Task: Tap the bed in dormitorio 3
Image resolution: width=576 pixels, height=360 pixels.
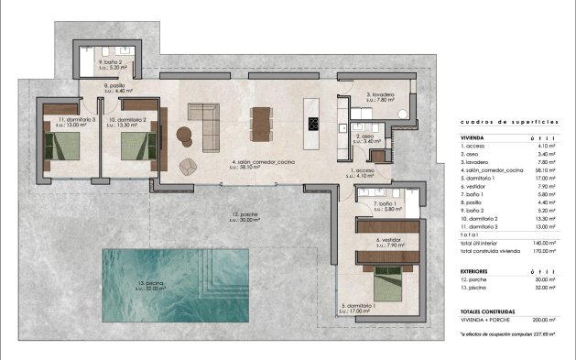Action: (x=64, y=145)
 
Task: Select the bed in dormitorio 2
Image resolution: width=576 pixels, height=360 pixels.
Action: (x=134, y=145)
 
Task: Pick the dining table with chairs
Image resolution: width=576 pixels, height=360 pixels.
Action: (x=263, y=123)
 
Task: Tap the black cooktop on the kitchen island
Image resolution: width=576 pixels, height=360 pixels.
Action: (x=313, y=125)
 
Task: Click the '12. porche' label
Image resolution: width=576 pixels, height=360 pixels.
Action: (x=244, y=215)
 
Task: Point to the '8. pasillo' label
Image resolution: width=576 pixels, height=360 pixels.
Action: (x=116, y=87)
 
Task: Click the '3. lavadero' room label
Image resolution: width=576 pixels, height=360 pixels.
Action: (x=380, y=95)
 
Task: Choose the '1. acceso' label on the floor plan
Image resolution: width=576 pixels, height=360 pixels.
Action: (x=363, y=172)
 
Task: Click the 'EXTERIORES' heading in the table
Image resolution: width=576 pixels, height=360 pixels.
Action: (x=480, y=271)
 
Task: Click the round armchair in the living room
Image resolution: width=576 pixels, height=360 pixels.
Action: (x=189, y=166)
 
